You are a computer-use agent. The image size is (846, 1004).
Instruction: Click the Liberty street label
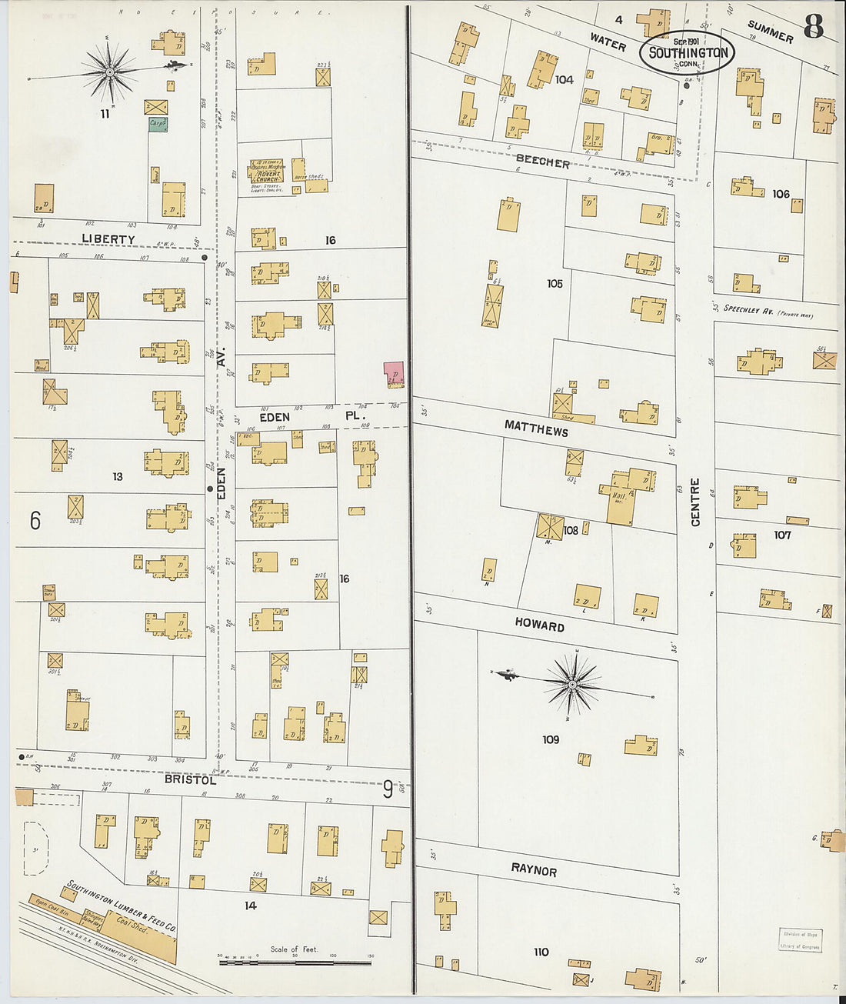108,239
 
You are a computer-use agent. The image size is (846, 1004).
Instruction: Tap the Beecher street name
542,162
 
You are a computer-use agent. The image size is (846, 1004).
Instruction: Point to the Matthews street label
536,428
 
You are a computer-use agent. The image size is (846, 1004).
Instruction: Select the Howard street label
539,625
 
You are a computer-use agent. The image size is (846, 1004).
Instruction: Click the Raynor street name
534,870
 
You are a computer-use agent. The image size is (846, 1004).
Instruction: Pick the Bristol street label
190,779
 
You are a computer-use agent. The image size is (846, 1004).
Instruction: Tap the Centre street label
695,502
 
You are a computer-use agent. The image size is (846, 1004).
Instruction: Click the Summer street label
770,32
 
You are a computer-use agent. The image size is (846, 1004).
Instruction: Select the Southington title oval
688,52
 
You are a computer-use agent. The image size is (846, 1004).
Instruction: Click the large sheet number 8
813,27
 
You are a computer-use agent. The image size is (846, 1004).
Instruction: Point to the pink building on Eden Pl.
394,374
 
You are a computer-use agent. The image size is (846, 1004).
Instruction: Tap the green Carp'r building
158,123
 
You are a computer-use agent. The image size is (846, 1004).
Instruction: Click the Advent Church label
265,174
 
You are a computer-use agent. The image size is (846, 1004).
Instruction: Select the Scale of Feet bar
295,961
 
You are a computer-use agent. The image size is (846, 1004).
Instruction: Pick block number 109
551,739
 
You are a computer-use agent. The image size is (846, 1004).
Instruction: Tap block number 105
555,283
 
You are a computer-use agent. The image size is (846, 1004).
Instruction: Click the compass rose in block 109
573,682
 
